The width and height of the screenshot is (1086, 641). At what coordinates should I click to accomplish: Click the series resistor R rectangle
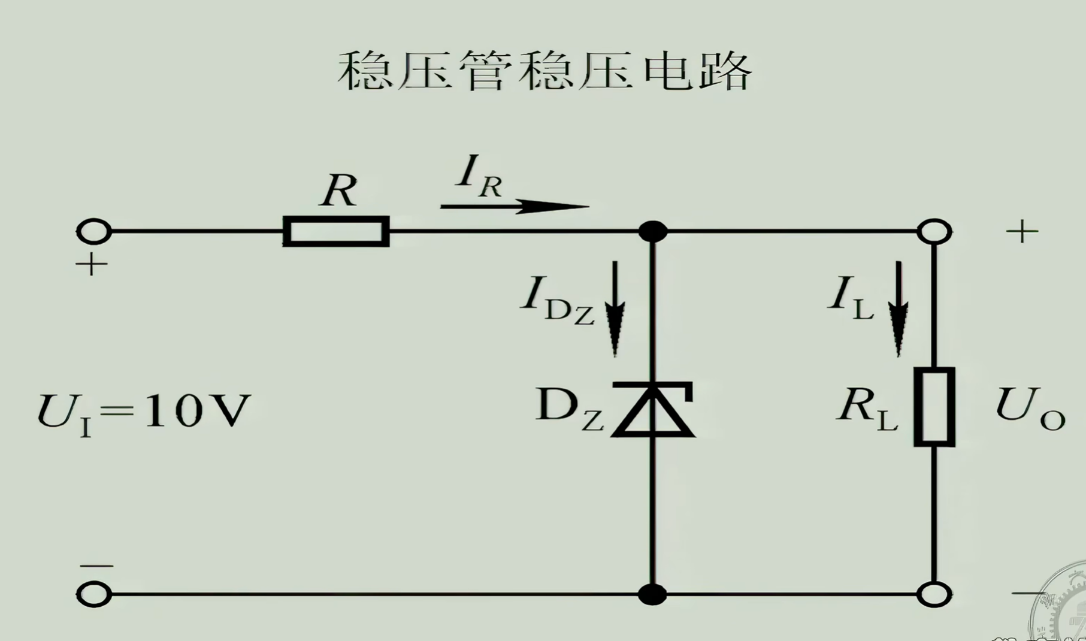click(x=336, y=231)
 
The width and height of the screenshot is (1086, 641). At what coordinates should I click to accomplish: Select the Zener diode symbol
click(x=653, y=410)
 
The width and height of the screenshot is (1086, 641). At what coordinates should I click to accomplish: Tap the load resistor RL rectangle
click(x=934, y=407)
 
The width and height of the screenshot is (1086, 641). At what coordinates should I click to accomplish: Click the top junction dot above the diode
click(x=653, y=231)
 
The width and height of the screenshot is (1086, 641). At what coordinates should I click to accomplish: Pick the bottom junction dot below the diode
click(x=653, y=594)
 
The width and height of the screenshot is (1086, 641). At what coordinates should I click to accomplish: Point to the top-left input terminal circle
click(x=94, y=231)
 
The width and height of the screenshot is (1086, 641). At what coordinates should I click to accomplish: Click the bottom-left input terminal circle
click(x=94, y=594)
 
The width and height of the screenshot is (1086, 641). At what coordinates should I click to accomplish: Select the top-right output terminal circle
click(x=934, y=231)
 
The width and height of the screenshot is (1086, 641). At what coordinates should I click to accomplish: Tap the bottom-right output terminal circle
click(x=934, y=594)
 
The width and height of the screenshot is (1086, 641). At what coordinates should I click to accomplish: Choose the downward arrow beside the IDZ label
click(x=615, y=309)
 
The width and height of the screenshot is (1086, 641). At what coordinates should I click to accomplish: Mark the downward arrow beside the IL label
click(x=898, y=309)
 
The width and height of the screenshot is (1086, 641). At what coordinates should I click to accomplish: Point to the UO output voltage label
click(x=1030, y=409)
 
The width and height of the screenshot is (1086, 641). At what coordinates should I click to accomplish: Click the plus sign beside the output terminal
click(x=1022, y=232)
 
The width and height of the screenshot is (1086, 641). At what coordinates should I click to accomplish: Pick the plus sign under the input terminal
click(x=91, y=264)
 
